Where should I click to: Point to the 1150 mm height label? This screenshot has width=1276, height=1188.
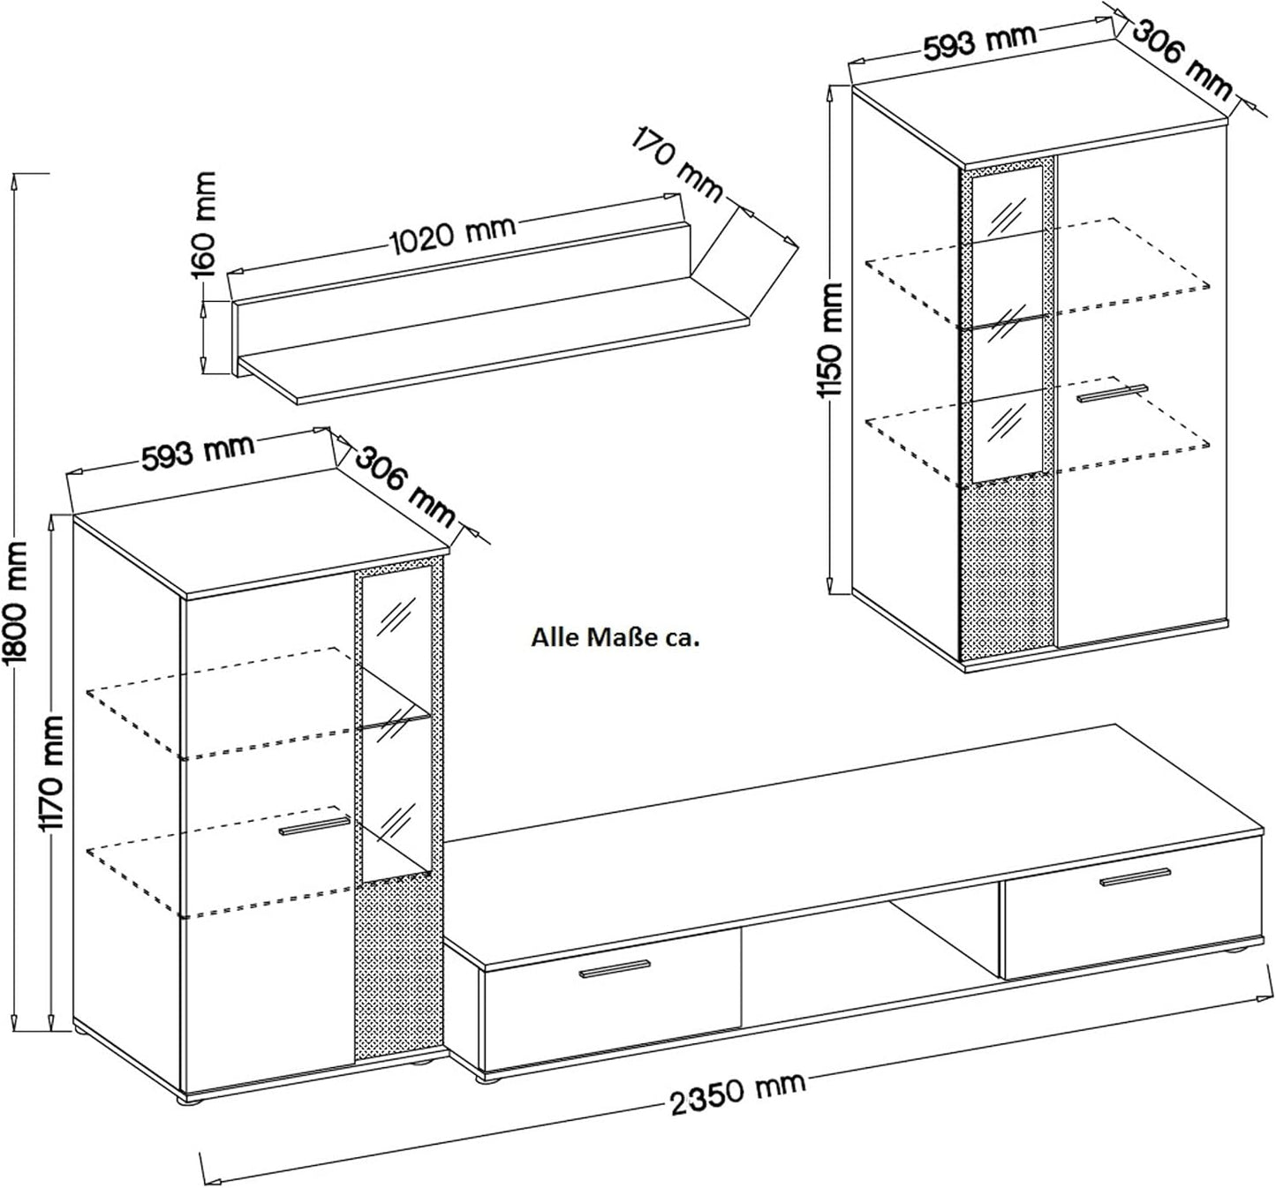click(x=830, y=340)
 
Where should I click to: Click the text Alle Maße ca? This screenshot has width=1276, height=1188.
click(x=615, y=638)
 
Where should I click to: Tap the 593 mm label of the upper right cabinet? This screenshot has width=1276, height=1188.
click(x=980, y=41)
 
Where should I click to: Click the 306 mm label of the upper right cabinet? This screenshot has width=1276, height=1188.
click(x=1181, y=60)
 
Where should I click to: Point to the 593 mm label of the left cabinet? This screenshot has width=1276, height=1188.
click(x=198, y=450)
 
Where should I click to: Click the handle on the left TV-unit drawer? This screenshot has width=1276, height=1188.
click(x=615, y=969)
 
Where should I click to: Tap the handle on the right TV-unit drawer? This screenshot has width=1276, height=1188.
click(x=1136, y=877)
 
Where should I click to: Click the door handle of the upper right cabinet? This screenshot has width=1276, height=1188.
click(x=1112, y=394)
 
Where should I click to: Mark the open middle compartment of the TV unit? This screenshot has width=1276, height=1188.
click(x=870, y=964)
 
